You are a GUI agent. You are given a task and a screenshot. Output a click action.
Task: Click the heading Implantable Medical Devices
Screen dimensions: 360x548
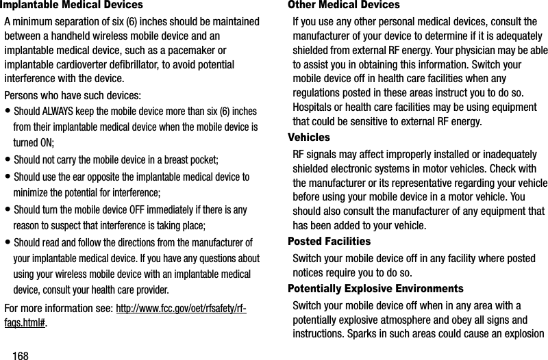pos(62,5)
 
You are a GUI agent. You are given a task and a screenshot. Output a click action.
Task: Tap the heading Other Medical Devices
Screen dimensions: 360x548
pos(344,5)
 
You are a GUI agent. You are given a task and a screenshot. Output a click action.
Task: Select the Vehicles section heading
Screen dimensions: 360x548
pos(310,137)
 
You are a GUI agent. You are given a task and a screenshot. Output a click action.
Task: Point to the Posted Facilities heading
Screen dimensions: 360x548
pos(329,242)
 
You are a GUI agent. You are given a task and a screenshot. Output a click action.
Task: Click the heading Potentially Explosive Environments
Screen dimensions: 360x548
pos(375,289)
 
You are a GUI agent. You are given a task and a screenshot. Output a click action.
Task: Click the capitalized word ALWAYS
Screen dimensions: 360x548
pos(61,112)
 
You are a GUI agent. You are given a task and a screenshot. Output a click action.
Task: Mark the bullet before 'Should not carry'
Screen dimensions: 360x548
pos(7,161)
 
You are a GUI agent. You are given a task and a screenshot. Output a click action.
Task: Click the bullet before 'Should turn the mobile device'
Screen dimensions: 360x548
pos(7,210)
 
